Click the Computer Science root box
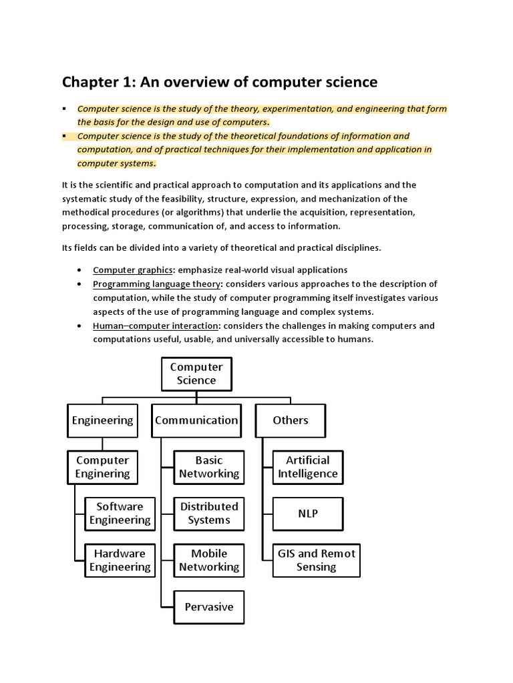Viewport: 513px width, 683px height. pyautogui.click(x=196, y=374)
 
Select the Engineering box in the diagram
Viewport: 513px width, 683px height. pyautogui.click(x=102, y=420)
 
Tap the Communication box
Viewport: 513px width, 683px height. pyautogui.click(x=196, y=420)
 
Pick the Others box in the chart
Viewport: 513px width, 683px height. pyautogui.click(x=291, y=420)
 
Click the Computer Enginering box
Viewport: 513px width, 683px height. pyautogui.click(x=102, y=467)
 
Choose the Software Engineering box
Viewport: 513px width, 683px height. pyautogui.click(x=120, y=514)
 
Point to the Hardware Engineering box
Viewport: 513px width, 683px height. pyautogui.click(x=120, y=560)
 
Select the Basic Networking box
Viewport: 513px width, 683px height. pyautogui.click(x=208, y=467)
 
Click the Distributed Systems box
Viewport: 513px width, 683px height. pyautogui.click(x=208, y=514)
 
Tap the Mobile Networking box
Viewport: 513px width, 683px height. pyautogui.click(x=208, y=560)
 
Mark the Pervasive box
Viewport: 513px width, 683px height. pyautogui.click(x=208, y=607)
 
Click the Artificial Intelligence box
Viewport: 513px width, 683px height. pyautogui.click(x=308, y=467)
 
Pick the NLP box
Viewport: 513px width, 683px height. pyautogui.click(x=308, y=514)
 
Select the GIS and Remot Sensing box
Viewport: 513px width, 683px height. pyautogui.click(x=317, y=560)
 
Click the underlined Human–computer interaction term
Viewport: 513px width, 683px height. pyautogui.click(x=156, y=325)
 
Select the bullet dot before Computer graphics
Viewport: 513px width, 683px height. pyautogui.click(x=79, y=270)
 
